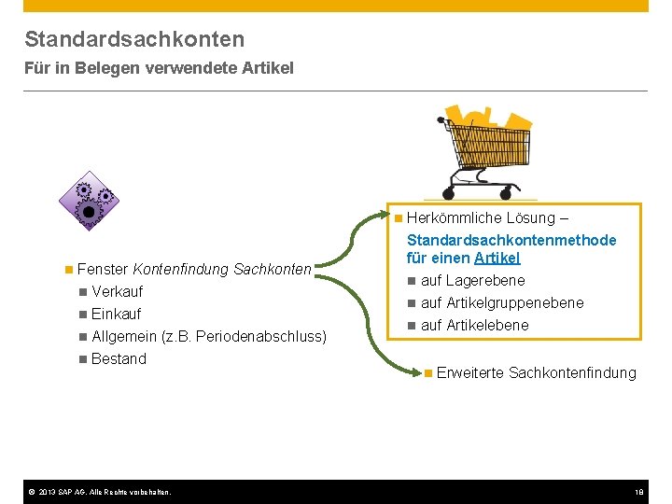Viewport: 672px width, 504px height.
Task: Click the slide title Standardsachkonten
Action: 134,39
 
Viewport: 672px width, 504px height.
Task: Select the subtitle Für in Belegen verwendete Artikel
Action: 159,68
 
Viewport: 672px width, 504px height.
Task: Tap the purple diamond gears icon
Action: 90,202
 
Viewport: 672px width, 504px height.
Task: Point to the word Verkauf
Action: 117,291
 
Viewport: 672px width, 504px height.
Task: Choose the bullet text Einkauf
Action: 116,314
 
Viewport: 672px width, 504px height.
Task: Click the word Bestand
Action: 119,358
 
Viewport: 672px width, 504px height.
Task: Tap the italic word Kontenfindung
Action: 180,269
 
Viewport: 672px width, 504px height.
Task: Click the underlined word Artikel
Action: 497,258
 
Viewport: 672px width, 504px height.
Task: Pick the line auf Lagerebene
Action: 472,280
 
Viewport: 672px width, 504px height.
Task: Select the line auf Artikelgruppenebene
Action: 502,302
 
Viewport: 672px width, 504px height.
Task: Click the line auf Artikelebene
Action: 474,325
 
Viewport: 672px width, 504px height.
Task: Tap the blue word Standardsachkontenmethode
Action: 511,240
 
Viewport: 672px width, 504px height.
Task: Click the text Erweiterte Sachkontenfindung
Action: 536,372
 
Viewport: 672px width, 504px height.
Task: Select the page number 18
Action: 639,492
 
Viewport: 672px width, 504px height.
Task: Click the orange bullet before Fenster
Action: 69,269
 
